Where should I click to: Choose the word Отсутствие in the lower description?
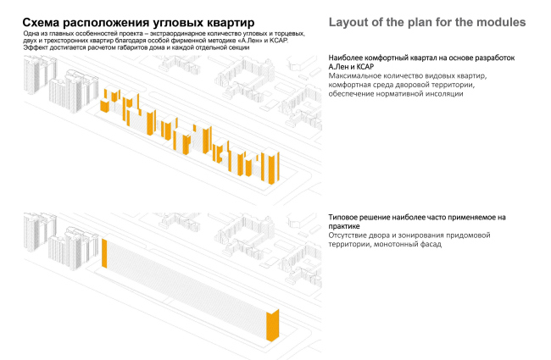352,235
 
